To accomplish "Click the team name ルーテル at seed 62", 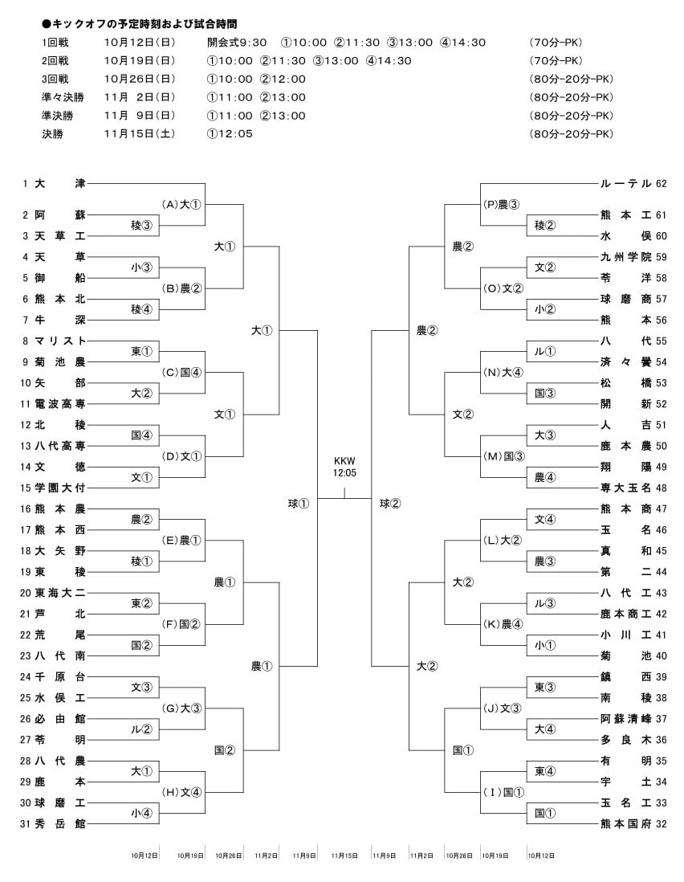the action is (625, 183).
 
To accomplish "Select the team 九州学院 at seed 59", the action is (625, 257).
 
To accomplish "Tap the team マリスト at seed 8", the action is (60, 341).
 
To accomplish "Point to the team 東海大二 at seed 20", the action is (60, 593).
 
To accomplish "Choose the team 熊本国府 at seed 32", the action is (625, 824).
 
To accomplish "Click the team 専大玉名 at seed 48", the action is (625, 488).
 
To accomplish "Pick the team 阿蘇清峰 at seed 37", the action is (625, 719).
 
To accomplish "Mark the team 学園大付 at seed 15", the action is (60, 488).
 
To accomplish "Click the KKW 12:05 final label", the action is (344, 467).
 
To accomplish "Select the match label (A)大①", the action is (181, 205).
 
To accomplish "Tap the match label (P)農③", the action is (501, 205).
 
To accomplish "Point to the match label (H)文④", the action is (181, 793).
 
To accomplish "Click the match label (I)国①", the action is (503, 793).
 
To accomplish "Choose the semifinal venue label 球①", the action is (299, 504).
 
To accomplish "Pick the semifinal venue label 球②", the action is (390, 504).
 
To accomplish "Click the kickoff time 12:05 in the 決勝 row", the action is (230, 134).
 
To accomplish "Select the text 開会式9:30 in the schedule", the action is (237, 43).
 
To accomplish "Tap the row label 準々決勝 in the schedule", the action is (63, 97).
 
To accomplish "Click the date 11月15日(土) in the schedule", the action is (140, 134).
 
